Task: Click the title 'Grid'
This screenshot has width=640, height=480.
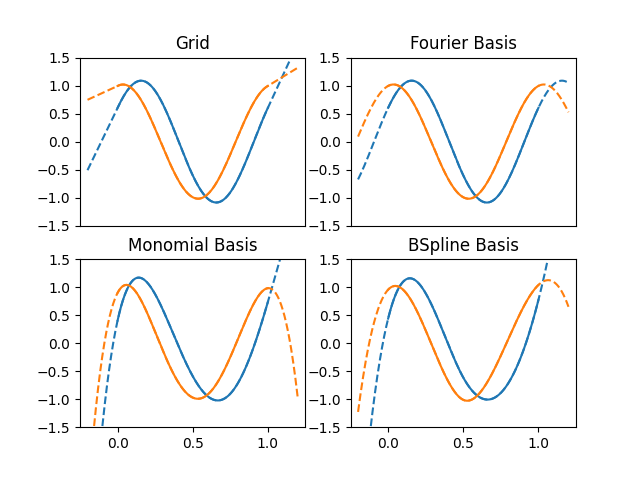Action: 192,43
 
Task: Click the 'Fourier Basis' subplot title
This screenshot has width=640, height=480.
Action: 463,43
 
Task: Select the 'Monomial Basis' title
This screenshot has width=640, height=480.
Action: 192,245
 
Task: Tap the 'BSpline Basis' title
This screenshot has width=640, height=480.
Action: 463,245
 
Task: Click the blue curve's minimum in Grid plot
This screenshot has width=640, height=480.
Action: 216,202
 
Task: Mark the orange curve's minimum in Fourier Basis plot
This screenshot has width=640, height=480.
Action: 468,198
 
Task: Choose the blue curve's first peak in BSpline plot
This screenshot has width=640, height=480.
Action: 410,278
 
